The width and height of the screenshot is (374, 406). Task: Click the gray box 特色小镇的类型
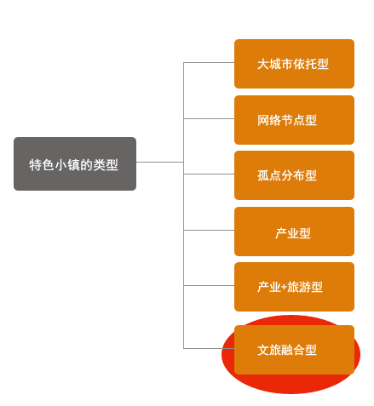(75, 163)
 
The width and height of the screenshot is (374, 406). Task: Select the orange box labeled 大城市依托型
(294, 64)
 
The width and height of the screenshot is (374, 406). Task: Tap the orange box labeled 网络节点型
(294, 120)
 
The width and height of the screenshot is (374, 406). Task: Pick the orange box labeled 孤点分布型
(294, 175)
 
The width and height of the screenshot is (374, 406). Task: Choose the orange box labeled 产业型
(294, 232)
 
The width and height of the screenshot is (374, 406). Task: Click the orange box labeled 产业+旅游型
(294, 287)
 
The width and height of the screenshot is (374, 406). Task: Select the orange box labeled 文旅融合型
(294, 350)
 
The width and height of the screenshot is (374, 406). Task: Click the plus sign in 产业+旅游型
(284, 288)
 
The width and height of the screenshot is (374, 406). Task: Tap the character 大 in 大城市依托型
(263, 64)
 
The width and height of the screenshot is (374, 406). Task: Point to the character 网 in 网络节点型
(263, 120)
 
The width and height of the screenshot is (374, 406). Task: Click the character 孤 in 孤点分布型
(263, 175)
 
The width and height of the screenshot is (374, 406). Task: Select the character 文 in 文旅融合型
(263, 350)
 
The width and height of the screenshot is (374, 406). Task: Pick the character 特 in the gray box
(35, 165)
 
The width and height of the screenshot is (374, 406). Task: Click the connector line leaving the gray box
(160, 162)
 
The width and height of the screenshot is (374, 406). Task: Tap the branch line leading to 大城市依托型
(209, 62)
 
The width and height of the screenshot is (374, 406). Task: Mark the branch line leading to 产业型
(209, 230)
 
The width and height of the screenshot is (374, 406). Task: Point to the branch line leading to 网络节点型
(209, 118)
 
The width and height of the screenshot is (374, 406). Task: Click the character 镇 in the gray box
(73, 165)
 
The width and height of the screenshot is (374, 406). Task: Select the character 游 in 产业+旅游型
(304, 287)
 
